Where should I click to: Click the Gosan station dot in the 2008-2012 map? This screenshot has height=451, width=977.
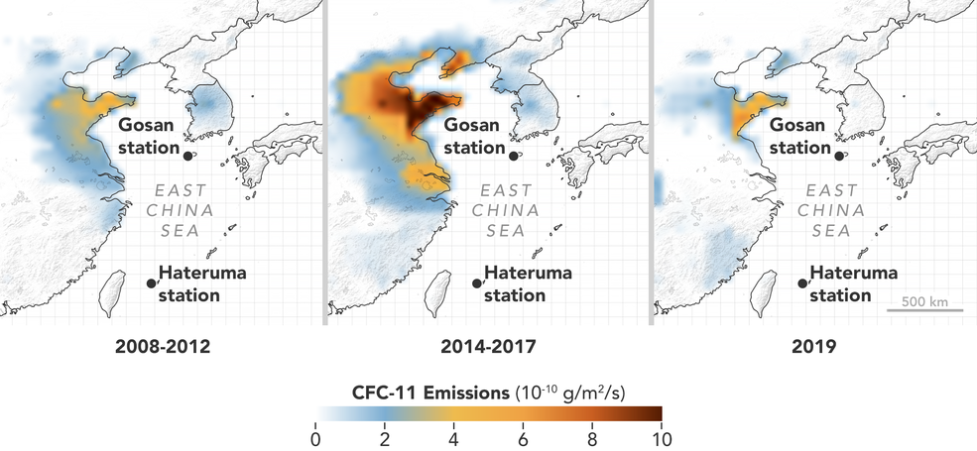(x=187, y=155)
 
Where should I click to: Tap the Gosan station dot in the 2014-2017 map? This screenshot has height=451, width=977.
(x=513, y=155)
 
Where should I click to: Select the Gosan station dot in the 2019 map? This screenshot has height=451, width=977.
(x=839, y=155)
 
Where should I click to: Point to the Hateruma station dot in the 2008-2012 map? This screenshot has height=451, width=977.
(x=151, y=282)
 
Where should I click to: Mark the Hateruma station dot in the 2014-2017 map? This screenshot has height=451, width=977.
(x=477, y=282)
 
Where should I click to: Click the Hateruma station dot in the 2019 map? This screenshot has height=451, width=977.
(x=802, y=282)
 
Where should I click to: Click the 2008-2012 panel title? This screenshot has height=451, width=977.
(x=162, y=348)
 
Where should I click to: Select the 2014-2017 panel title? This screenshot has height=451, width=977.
(x=488, y=348)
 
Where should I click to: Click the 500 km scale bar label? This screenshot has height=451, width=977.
(x=925, y=300)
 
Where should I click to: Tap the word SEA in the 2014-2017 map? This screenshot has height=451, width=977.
(x=507, y=231)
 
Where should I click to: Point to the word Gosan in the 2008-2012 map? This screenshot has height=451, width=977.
(x=147, y=125)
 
